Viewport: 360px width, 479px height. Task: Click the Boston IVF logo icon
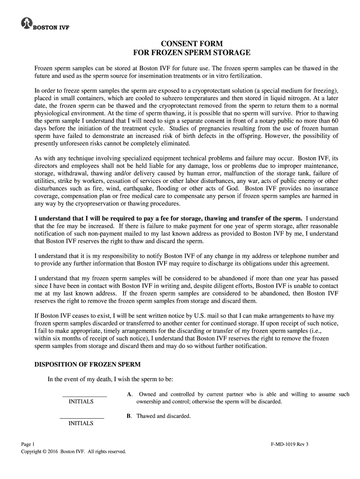pos(26,24)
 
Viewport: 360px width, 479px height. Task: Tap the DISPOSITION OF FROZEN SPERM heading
pos(88,364)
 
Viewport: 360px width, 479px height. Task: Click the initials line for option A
pos(85,396)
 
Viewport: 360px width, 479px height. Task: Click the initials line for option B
pos(82,417)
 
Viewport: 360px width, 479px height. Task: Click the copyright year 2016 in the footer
pos(53,451)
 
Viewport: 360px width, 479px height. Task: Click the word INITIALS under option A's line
pos(81,402)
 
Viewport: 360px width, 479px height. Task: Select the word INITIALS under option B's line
pos(81,423)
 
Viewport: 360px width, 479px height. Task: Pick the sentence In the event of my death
pos(110,379)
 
